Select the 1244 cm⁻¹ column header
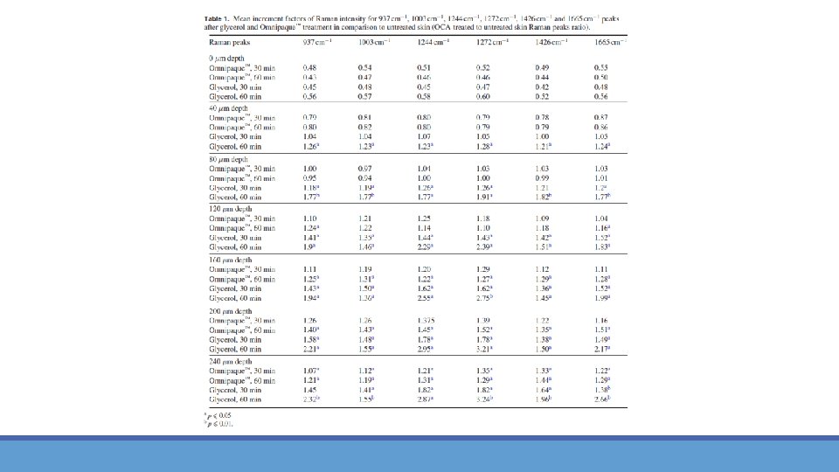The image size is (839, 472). [x=425, y=42]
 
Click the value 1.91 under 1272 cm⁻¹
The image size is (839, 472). [x=484, y=198]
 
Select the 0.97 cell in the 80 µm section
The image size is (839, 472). [x=365, y=167]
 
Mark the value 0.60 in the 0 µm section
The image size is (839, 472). [x=483, y=97]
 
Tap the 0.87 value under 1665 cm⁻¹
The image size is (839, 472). [x=600, y=117]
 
